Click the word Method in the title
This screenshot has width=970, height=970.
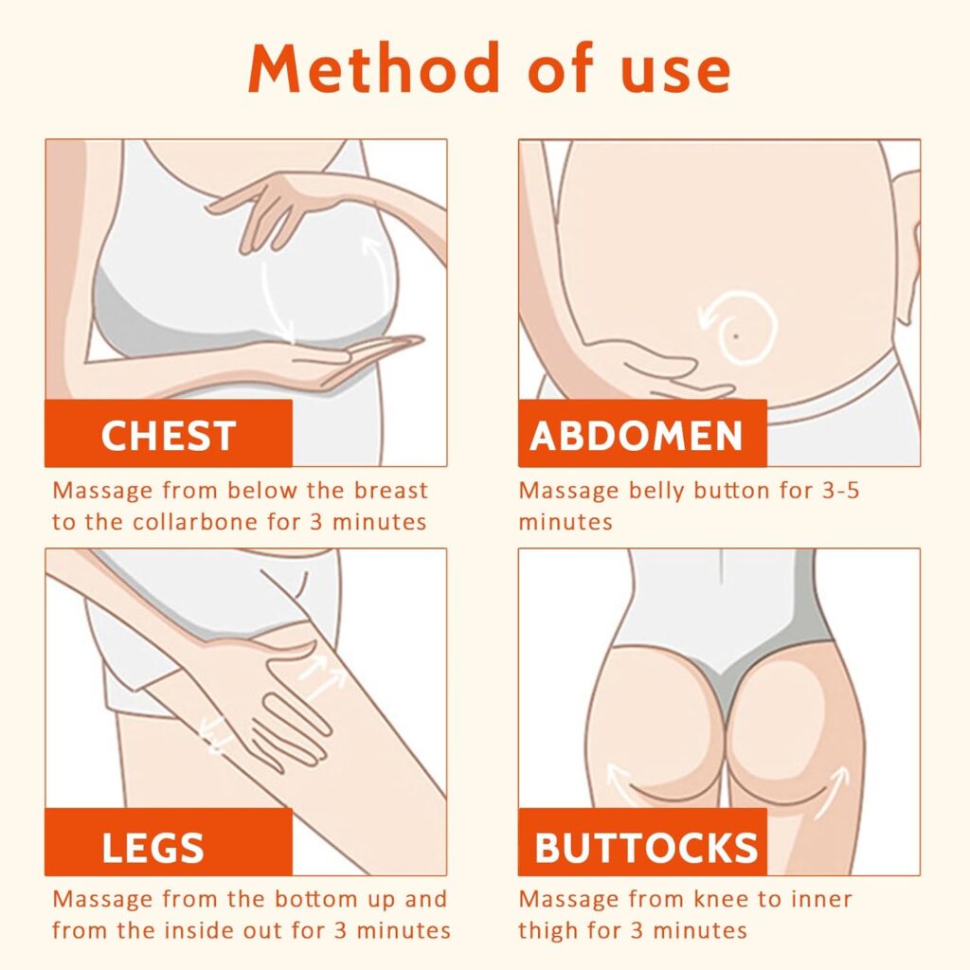374,67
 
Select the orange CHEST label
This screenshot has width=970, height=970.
169,433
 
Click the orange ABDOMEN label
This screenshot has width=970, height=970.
642,433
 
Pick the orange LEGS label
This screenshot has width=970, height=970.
169,842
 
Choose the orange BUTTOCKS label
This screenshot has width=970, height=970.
642,842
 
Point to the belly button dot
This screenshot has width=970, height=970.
736,336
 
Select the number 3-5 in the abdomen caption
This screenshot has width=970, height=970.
841,491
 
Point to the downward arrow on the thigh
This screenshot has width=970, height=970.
213,737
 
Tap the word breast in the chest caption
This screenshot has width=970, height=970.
391,491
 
